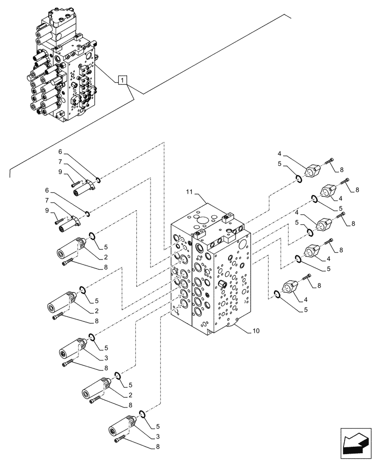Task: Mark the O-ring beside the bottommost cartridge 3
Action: click(x=143, y=413)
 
